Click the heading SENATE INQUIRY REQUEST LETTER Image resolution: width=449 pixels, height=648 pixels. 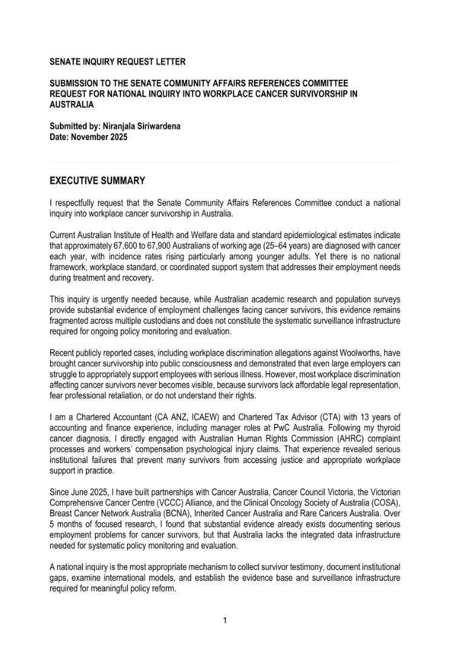click(x=117, y=62)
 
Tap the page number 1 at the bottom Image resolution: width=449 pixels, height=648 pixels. click(x=224, y=620)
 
